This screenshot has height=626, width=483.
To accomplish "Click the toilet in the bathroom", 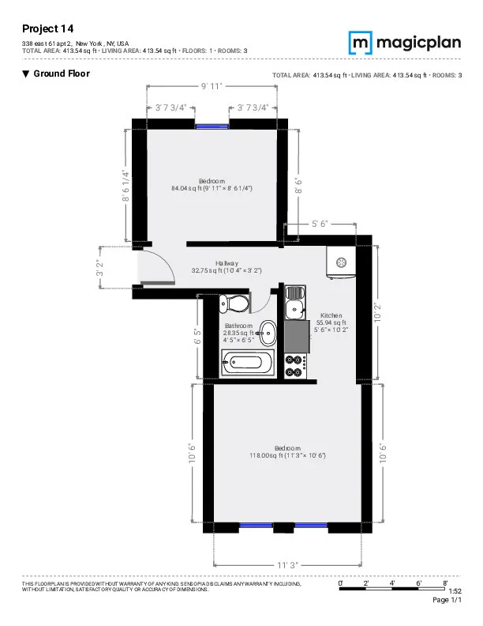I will click(234, 304).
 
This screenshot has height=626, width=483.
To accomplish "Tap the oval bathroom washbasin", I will click(269, 334).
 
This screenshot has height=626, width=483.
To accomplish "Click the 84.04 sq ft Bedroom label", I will click(212, 185).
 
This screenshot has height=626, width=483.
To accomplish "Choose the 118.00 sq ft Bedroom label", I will click(287, 452).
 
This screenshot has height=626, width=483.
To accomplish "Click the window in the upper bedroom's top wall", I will click(212, 124).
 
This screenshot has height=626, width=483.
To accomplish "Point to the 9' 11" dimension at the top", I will click(212, 85).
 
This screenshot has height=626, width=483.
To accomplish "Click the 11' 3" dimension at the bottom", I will click(287, 565).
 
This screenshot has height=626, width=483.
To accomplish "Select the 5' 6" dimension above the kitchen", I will click(320, 224).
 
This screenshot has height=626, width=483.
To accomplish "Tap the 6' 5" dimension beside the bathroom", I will click(198, 337).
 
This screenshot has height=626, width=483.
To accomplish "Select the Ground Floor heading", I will click(56, 74).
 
